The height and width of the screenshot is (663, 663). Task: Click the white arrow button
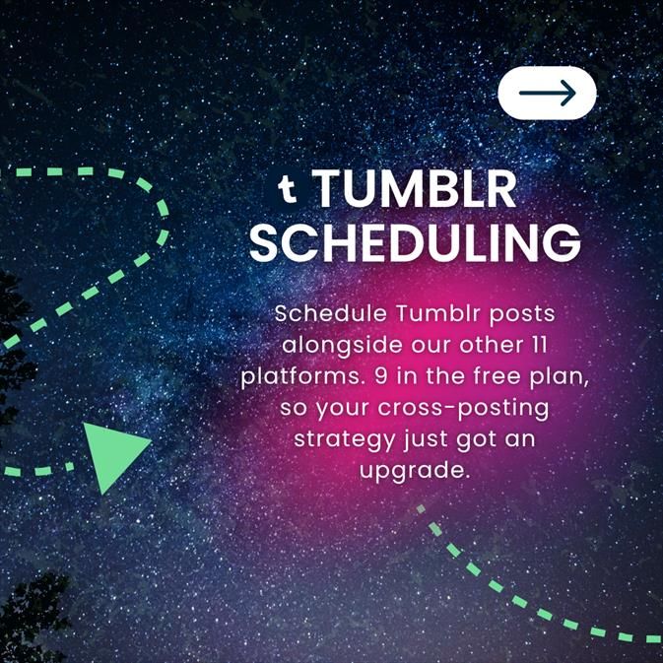tap(547, 94)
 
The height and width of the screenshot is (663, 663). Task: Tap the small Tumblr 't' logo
tap(288, 187)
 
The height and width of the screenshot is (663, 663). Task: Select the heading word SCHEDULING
tap(414, 242)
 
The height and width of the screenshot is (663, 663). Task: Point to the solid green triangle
tap(111, 455)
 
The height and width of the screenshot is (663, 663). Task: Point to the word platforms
tap(296, 377)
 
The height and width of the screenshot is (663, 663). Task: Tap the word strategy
tap(339, 439)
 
